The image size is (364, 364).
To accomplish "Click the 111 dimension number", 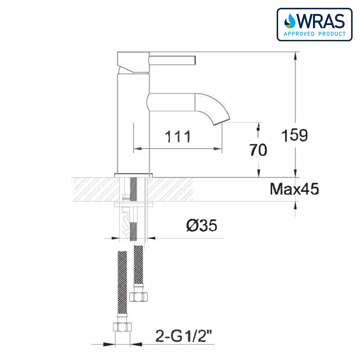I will [x=178, y=136].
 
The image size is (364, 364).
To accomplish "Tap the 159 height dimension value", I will [x=295, y=135].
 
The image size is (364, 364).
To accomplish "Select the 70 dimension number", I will [x=258, y=150].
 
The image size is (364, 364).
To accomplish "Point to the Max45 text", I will [x=294, y=189].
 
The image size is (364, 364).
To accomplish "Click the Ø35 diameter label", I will [x=202, y=226].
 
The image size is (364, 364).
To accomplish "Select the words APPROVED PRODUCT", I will [x=314, y=33].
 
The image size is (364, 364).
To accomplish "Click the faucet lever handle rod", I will [x=173, y=59].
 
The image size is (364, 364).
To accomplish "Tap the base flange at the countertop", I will [x=133, y=175].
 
